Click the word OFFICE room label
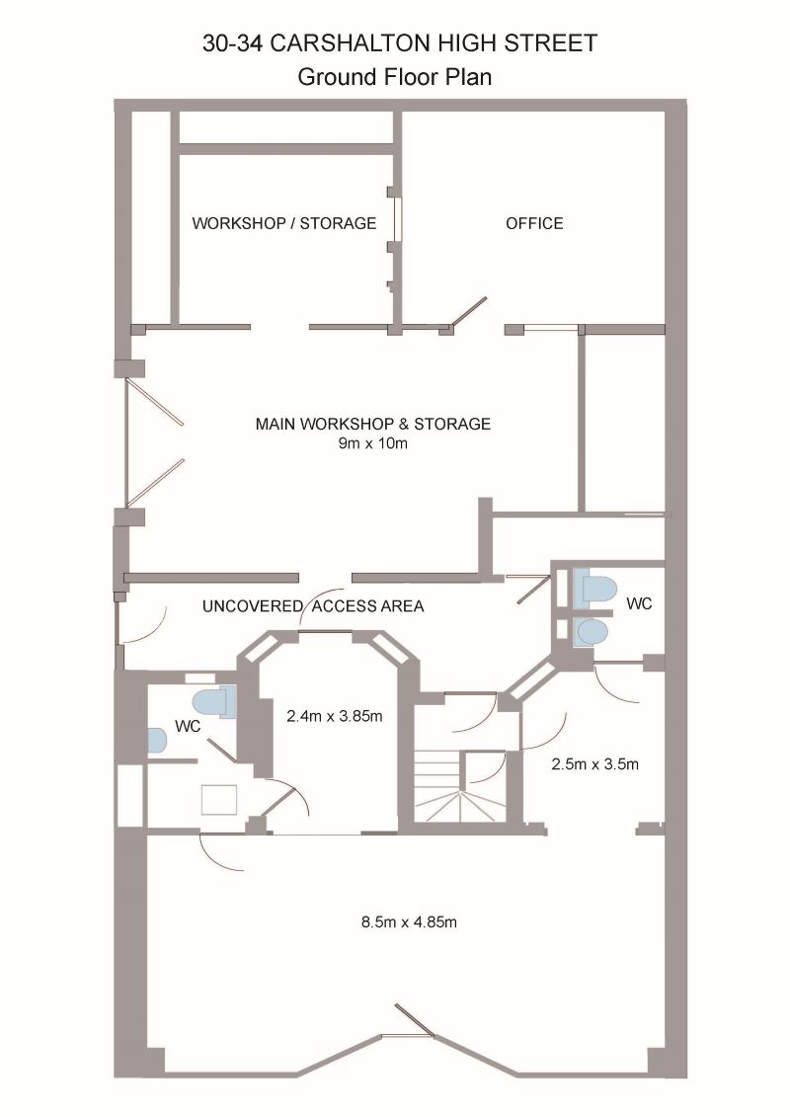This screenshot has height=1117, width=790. pyautogui.click(x=534, y=223)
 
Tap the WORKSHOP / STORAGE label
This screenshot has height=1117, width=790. pyautogui.click(x=283, y=223)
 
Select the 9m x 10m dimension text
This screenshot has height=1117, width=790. pyautogui.click(x=372, y=443)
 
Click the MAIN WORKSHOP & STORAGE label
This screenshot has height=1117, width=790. pyautogui.click(x=372, y=424)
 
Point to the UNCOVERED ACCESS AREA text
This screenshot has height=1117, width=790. pyautogui.click(x=313, y=606)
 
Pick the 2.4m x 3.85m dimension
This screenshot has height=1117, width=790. pyautogui.click(x=334, y=716)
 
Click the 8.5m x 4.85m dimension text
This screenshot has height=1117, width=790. pyautogui.click(x=409, y=922)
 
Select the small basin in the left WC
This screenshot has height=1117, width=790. pyautogui.click(x=156, y=740)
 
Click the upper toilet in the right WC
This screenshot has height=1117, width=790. pyautogui.click(x=597, y=589)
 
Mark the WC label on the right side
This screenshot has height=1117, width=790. pyautogui.click(x=640, y=603)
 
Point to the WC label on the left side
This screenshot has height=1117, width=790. pyautogui.click(x=189, y=726)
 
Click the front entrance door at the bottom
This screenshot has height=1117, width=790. pyautogui.click(x=414, y=1021)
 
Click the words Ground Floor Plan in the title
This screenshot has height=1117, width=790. pyautogui.click(x=395, y=77)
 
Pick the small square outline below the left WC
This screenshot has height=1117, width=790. pyautogui.click(x=219, y=799)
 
